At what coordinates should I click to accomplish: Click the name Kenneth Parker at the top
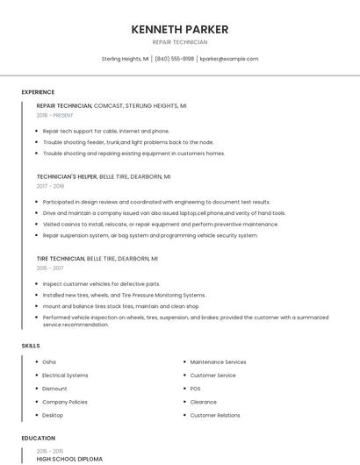pyautogui.click(x=180, y=29)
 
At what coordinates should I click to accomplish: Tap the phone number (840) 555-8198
pyautogui.click(x=175, y=59)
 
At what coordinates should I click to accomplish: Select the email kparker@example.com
pyautogui.click(x=229, y=59)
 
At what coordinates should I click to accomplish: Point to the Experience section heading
pyautogui.click(x=38, y=92)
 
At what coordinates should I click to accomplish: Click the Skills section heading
pyautogui.click(x=31, y=346)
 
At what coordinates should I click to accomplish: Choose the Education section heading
pyautogui.click(x=38, y=438)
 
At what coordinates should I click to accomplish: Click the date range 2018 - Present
pyautogui.click(x=54, y=115)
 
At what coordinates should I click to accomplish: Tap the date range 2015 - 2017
pyautogui.click(x=50, y=268)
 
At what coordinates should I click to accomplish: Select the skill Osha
pyautogui.click(x=49, y=361)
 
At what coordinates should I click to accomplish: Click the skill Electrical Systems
pyautogui.click(x=65, y=375)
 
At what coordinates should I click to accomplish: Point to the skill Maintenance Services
pyautogui.click(x=218, y=361)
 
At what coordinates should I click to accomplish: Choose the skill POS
pyautogui.click(x=196, y=388)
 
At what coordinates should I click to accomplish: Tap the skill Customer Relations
pyautogui.click(x=215, y=415)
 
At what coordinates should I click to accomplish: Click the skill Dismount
pyautogui.click(x=54, y=388)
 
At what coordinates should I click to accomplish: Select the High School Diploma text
pyautogui.click(x=69, y=459)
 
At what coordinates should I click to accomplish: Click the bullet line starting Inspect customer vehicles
pyautogui.click(x=101, y=284)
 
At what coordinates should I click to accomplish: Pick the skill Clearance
pyautogui.click(x=204, y=402)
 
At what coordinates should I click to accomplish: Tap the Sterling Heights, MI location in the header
pyautogui.click(x=125, y=59)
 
